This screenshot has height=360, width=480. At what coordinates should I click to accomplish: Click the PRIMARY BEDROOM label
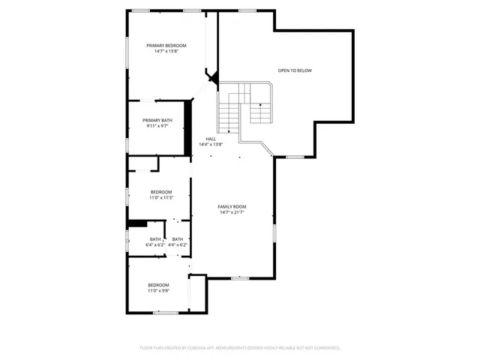166,46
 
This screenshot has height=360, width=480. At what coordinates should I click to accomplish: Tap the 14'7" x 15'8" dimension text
166,52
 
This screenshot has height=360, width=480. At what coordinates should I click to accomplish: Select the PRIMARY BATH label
157,120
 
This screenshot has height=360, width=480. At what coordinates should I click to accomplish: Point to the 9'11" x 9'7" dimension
157,126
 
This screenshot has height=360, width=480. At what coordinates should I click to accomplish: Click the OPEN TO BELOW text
295,70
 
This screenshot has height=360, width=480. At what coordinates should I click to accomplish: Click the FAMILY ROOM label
232,206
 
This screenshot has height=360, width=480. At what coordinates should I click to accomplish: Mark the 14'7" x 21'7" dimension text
232,212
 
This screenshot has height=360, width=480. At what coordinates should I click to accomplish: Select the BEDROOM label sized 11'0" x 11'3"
161,191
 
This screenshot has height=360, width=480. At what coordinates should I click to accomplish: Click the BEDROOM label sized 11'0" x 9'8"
158,284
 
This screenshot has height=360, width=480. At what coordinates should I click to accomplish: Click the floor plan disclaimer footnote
240,348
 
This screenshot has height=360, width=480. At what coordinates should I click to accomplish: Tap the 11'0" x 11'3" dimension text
161,197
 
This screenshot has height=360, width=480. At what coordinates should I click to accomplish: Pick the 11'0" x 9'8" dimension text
158,290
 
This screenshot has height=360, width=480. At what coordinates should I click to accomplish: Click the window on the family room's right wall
274,232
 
